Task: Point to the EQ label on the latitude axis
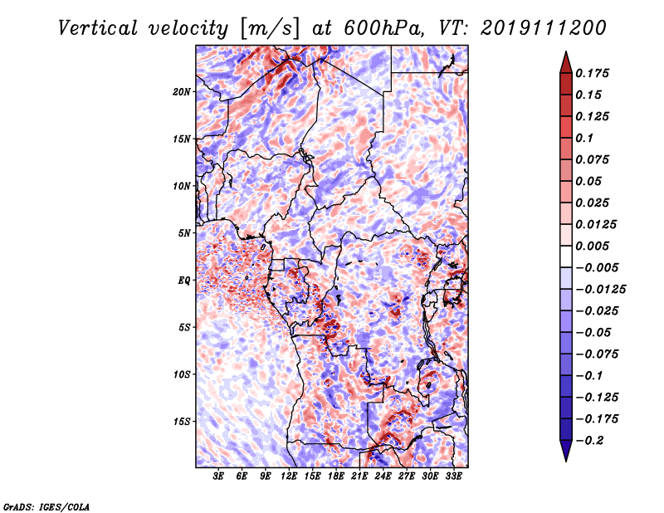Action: click(184, 280)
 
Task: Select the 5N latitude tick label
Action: click(184, 232)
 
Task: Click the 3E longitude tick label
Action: click(219, 476)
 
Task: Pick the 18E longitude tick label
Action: click(336, 476)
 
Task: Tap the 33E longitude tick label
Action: click(453, 476)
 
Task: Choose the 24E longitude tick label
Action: click(383, 476)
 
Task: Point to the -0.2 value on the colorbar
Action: click(590, 441)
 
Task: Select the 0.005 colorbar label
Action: click(594, 246)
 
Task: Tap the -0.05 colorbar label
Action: click(594, 332)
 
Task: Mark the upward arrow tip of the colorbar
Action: click(565, 54)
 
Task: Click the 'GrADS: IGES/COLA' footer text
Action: click(46, 506)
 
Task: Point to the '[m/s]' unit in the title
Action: click(269, 27)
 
